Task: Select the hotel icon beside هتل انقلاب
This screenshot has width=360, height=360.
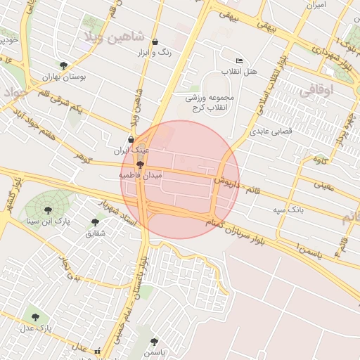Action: tap(240, 61)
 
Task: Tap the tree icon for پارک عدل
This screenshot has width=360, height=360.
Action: tap(35, 317)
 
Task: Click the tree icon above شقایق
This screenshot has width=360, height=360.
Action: tap(95, 222)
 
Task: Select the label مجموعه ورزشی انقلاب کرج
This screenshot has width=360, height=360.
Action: tap(213, 102)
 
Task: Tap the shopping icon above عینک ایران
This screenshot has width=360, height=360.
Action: tap(131, 139)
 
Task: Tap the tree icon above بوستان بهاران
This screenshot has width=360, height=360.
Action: tap(64, 65)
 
